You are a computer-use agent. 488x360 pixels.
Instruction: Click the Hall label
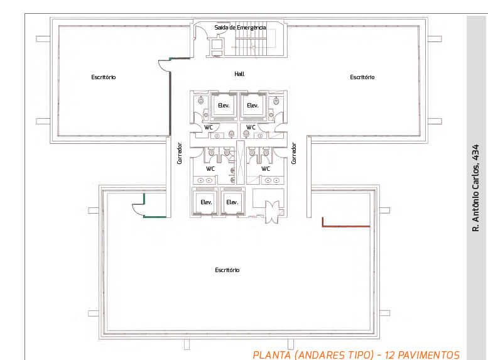(x=239, y=74)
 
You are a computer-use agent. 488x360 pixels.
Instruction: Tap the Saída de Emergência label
(x=240, y=28)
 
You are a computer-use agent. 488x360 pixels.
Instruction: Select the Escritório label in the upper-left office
(x=104, y=77)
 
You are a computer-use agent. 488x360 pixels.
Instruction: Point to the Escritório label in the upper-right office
(x=362, y=77)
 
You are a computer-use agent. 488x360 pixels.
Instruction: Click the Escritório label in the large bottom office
(x=227, y=270)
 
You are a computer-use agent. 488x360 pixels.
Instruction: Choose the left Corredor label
(x=179, y=153)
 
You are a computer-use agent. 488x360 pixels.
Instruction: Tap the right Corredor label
(x=293, y=153)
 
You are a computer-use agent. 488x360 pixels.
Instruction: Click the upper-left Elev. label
(x=224, y=106)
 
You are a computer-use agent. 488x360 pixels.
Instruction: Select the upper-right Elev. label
(x=252, y=106)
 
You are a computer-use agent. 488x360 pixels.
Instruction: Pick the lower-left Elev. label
(x=207, y=202)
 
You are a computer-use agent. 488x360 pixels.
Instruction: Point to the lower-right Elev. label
(x=232, y=202)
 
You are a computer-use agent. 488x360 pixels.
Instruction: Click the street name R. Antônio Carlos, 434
(x=475, y=188)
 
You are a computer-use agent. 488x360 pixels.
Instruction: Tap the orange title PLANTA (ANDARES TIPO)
(x=313, y=355)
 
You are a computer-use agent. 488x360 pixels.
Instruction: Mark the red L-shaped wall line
(x=346, y=226)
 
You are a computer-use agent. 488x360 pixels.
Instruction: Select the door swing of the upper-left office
(x=165, y=66)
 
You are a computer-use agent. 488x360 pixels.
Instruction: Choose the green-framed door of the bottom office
(x=149, y=205)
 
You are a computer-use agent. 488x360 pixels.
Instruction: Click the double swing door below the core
(x=272, y=212)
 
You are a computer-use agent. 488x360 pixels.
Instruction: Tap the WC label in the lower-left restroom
(x=210, y=168)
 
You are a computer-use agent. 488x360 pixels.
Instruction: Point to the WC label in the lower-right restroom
(x=266, y=168)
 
